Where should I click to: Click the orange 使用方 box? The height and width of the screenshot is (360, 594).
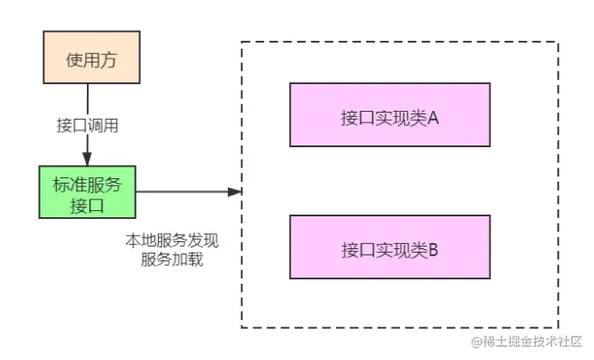[87, 59]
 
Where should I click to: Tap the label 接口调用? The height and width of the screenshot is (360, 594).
[87, 125]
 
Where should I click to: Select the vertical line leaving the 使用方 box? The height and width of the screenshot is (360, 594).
[87, 99]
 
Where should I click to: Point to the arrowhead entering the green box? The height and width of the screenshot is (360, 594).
[87, 160]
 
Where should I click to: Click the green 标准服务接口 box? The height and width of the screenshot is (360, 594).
[87, 192]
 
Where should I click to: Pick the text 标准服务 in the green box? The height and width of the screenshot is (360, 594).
[87, 184]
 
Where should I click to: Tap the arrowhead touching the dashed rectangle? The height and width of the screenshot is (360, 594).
[236, 192]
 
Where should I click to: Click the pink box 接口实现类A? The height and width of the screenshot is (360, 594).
[389, 114]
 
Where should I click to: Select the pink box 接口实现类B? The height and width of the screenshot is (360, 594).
[389, 247]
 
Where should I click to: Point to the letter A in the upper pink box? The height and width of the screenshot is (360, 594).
[434, 115]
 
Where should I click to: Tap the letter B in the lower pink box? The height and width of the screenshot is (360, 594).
[434, 248]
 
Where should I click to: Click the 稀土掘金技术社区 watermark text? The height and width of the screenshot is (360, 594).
[533, 341]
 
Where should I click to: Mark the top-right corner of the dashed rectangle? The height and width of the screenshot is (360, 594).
[558, 42]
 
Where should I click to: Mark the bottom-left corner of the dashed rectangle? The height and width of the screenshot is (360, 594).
[242, 327]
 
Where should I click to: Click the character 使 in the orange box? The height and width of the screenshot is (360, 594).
[71, 59]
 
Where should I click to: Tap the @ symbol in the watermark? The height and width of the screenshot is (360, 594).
[476, 342]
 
